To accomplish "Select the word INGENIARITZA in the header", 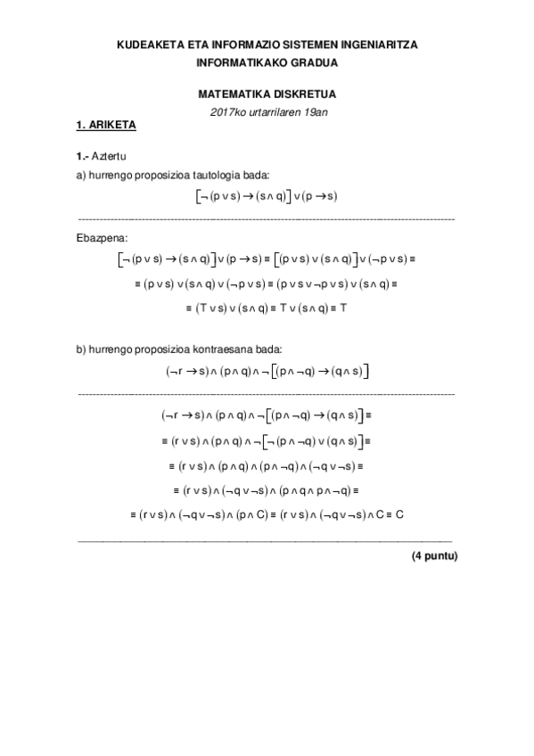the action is [376, 43].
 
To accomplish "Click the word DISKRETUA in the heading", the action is [301, 93].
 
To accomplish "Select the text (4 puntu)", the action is [433, 555].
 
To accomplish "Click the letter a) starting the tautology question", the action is [81, 175].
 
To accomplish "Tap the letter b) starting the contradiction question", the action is [81, 349].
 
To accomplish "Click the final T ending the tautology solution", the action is [342, 306].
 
